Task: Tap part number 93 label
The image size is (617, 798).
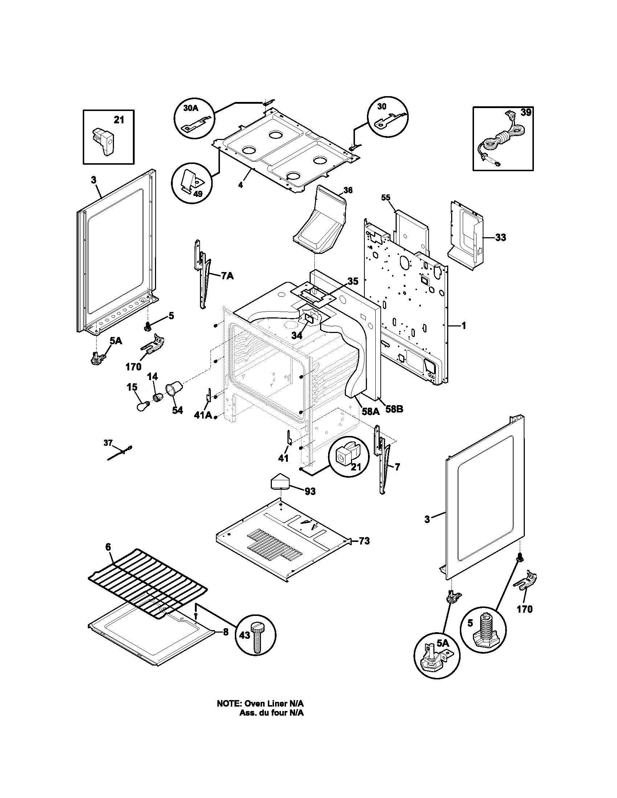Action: click(x=310, y=491)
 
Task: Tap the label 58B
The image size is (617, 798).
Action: click(x=395, y=409)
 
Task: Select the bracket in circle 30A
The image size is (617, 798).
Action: click(x=194, y=124)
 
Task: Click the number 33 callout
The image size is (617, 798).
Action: click(x=500, y=238)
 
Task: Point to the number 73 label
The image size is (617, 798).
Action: click(x=364, y=551)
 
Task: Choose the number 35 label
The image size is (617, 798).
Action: click(x=353, y=281)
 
